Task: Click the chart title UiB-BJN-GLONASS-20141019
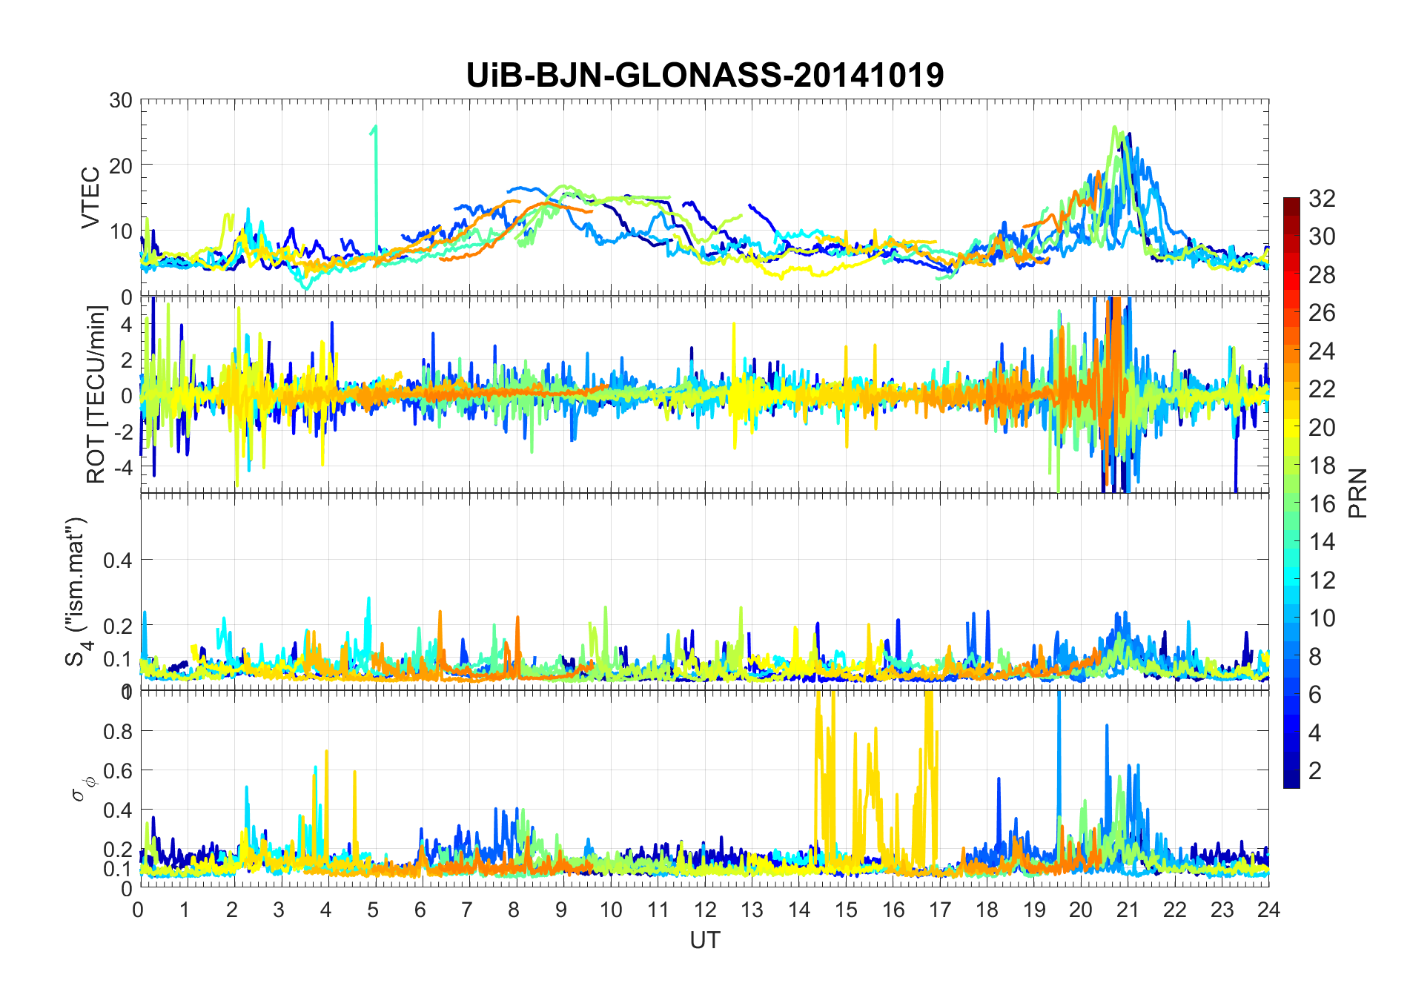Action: coord(704,75)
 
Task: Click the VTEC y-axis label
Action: coord(90,198)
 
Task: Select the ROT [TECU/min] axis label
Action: coord(96,394)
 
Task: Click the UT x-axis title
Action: coord(704,940)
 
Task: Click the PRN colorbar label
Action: coord(1358,493)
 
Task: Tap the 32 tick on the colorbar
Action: coord(1322,198)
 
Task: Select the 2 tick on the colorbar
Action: coord(1315,771)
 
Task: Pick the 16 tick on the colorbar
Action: coord(1322,504)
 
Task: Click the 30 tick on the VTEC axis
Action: coord(121,100)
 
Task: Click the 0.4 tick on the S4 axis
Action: coord(117,560)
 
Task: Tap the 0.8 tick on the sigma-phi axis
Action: coord(117,731)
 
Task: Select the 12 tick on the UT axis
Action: coord(704,910)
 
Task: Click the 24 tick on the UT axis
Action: coord(1268,910)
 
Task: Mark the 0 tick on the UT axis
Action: coord(139,910)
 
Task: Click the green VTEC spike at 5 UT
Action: coord(376,148)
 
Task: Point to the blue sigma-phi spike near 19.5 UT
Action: coord(1059,741)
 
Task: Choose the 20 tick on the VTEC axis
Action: coord(121,165)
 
